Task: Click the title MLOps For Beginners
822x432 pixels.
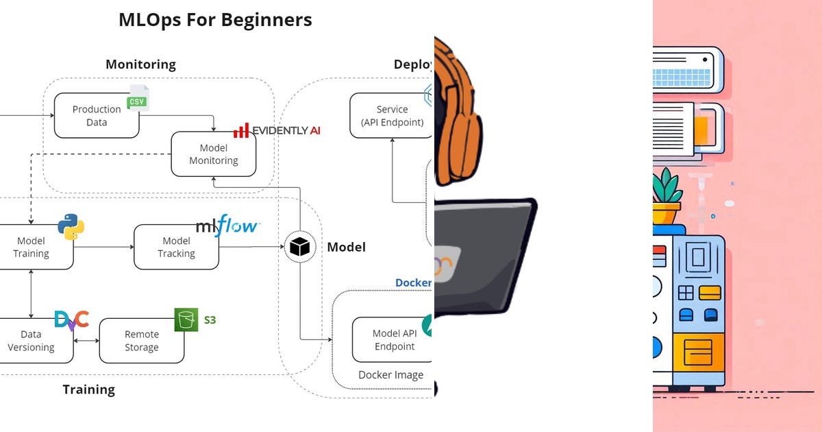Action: point(215,20)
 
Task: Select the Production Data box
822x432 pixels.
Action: point(97,115)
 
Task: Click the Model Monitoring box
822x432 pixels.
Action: point(213,154)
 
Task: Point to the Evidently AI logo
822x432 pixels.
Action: point(276,130)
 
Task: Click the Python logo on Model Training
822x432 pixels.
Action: point(71,226)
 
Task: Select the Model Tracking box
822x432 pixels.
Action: point(176,247)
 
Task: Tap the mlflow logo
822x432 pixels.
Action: point(227,226)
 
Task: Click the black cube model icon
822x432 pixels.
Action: point(299,247)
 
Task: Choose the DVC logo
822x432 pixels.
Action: point(72,320)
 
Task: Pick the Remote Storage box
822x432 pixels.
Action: point(142,340)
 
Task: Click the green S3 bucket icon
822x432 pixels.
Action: point(186,320)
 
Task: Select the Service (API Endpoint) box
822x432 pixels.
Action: point(391,115)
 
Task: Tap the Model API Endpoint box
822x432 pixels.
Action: point(393,339)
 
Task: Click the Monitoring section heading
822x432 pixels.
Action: point(140,64)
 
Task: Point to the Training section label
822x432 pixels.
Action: point(88,389)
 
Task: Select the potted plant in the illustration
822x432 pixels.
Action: point(666,195)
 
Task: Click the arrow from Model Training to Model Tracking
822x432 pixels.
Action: point(103,247)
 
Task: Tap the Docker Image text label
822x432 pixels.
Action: point(390,374)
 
